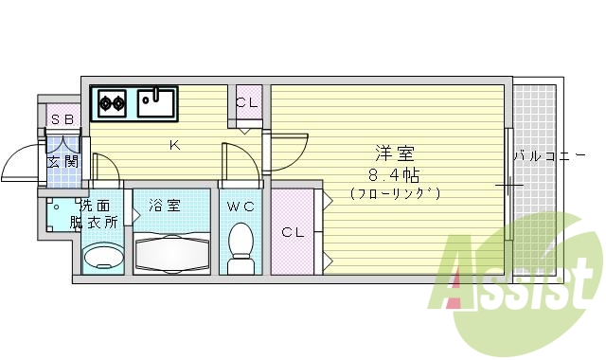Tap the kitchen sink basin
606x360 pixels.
[x=156, y=100]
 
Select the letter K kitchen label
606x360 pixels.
[x=173, y=145]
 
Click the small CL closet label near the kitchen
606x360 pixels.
[x=247, y=103]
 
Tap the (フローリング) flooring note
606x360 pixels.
[x=395, y=193]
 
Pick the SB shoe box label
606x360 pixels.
[x=62, y=119]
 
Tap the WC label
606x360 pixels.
[x=240, y=205]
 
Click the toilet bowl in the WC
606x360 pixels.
[x=241, y=243]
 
